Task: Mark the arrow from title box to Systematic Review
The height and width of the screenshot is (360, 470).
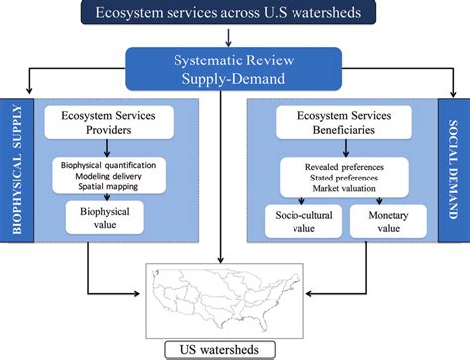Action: [230, 37]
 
